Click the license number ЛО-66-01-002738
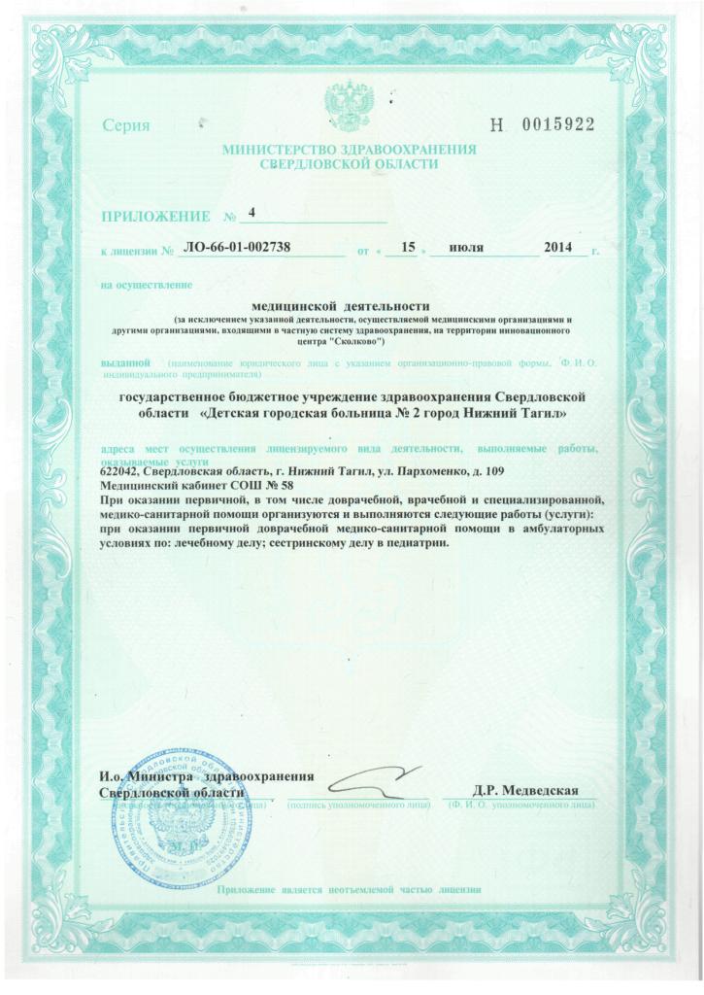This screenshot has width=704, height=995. click(x=237, y=249)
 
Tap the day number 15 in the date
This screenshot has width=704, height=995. click(x=408, y=249)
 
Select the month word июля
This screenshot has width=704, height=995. click(x=467, y=250)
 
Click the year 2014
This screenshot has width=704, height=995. click(x=561, y=250)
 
